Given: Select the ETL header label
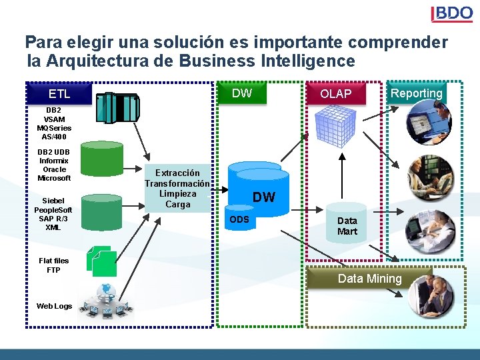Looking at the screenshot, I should pyautogui.click(x=59, y=94).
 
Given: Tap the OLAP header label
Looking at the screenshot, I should pyautogui.click(x=335, y=94).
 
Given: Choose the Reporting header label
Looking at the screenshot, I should pyautogui.click(x=417, y=93).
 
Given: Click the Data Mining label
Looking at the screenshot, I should pyautogui.click(x=370, y=279).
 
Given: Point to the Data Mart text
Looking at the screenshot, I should pyautogui.click(x=347, y=226).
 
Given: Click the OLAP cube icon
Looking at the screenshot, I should pyautogui.click(x=335, y=125).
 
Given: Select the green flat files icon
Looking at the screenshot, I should pyautogui.click(x=102, y=261).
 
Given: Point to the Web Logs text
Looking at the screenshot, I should pyautogui.click(x=54, y=306).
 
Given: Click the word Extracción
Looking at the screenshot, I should pyautogui.click(x=177, y=173).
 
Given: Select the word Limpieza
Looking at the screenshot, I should pyautogui.click(x=177, y=194).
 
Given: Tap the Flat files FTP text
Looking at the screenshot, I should pyautogui.click(x=53, y=265).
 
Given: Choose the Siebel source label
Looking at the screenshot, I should pyautogui.click(x=53, y=201).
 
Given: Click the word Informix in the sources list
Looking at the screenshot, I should pyautogui.click(x=54, y=161).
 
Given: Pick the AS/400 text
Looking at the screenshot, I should pyautogui.click(x=55, y=137).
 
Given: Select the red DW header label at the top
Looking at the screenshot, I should pyautogui.click(x=242, y=93).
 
